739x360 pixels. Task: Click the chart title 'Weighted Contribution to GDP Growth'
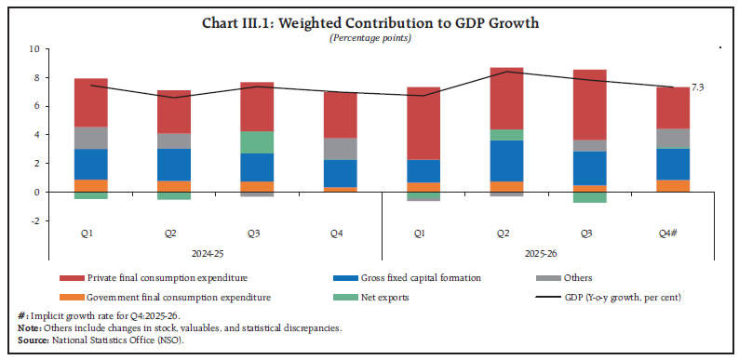click(369, 21)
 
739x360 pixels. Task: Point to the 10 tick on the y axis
click(34, 48)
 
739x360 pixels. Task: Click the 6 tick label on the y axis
click(34, 106)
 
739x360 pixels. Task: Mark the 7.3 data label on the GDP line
click(697, 86)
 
